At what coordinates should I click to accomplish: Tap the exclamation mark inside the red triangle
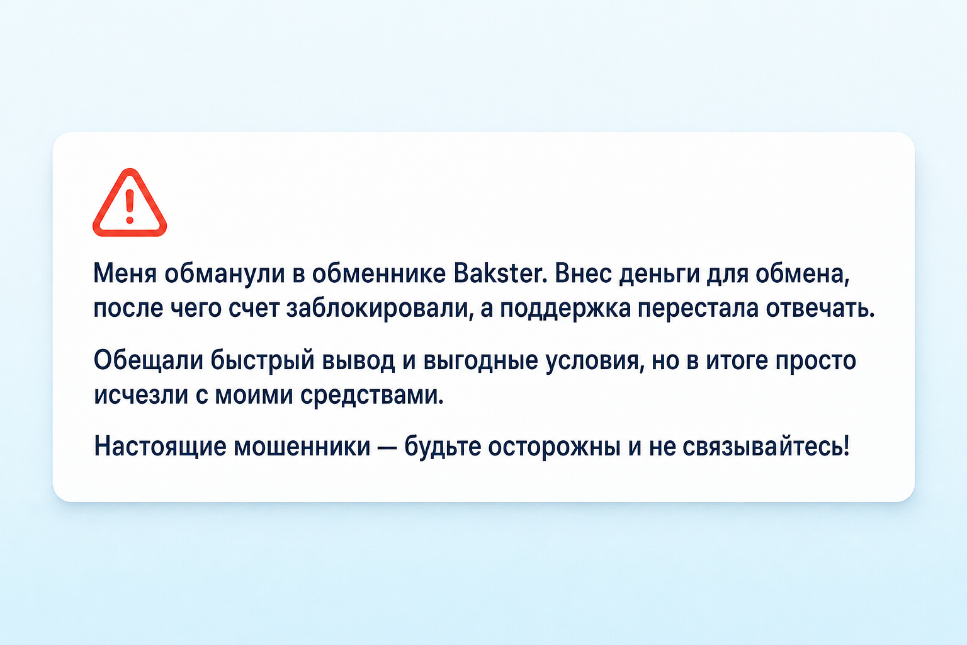[130, 207]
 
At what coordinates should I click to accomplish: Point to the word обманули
[225, 273]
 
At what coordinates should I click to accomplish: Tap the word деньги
[659, 275]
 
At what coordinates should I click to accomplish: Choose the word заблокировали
[377, 308]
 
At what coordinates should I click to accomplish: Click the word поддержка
[565, 309]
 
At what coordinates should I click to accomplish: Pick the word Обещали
[149, 360]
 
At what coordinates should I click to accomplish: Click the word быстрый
[263, 361]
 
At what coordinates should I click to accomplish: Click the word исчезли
[141, 394]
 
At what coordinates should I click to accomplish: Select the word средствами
[372, 395]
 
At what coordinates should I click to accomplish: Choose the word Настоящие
[160, 447]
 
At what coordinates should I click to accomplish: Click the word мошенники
[302, 447]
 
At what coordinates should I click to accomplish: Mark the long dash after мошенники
[387, 447]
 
